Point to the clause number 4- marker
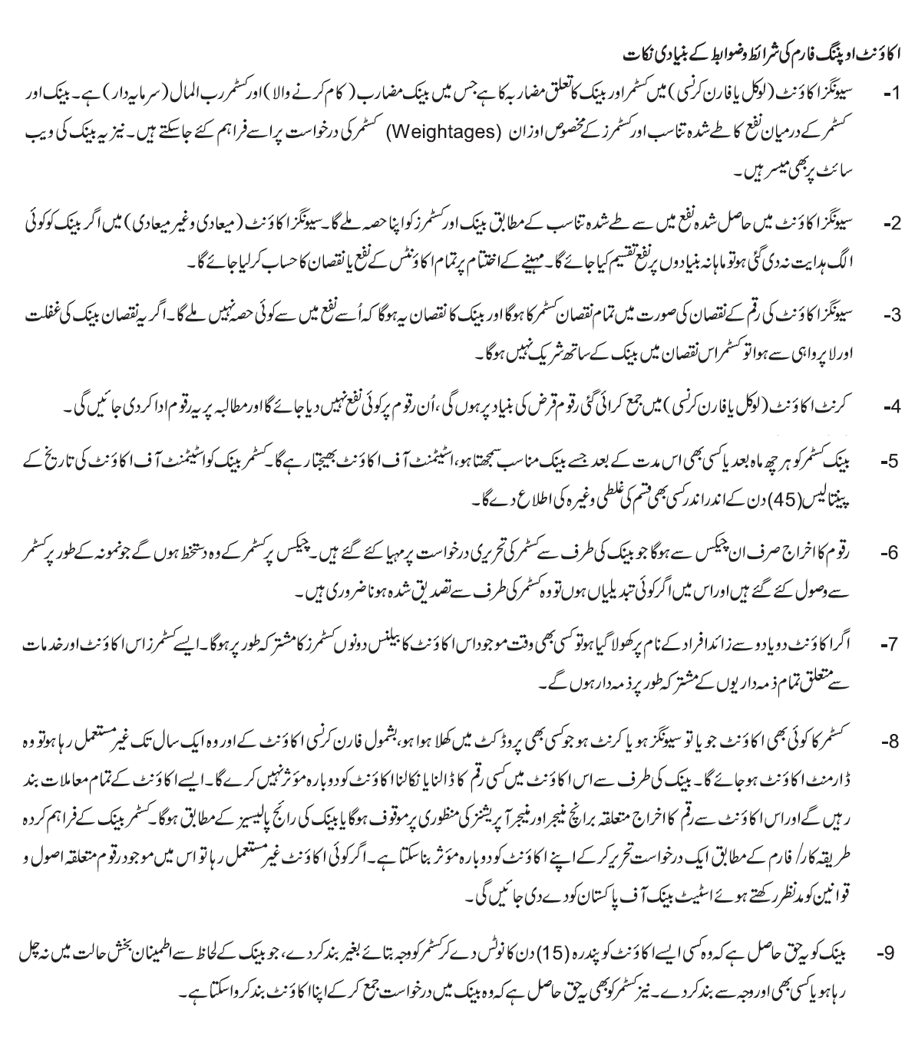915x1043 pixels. [890, 407]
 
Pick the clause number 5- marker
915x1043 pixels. [890, 462]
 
